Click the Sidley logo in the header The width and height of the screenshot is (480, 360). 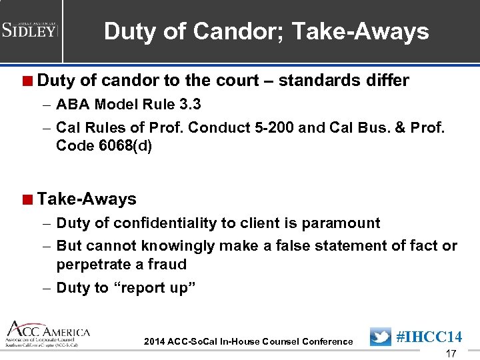[x=30, y=30]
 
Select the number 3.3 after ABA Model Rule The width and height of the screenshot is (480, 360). [x=189, y=105]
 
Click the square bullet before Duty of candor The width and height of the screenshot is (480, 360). [x=27, y=81]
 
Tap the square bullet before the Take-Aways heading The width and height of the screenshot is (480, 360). [x=27, y=199]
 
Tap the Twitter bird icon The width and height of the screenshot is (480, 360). [x=380, y=337]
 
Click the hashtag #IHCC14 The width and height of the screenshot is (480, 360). [x=429, y=337]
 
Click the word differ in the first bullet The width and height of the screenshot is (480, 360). [x=387, y=81]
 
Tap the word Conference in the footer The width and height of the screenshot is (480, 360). [x=327, y=341]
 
